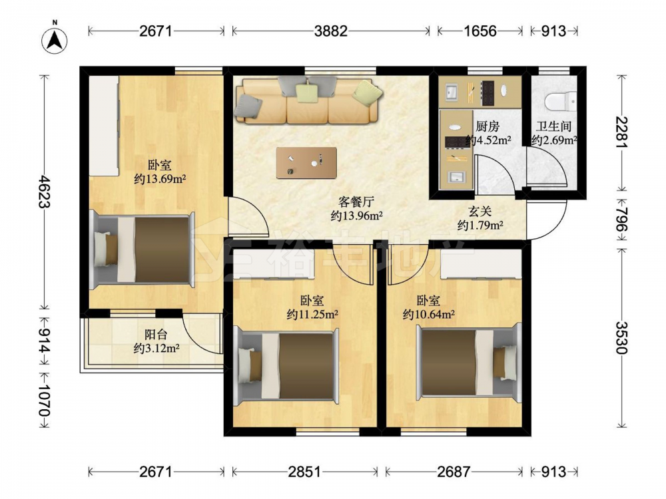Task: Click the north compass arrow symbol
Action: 55,41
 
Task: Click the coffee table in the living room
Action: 306,163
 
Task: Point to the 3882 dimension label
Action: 331,31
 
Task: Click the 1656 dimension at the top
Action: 480,31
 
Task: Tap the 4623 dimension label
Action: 45,192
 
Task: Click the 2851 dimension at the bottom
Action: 304,472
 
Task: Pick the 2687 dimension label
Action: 454,472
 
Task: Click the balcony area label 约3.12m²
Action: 157,349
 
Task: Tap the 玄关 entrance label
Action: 480,212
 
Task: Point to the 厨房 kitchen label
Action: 488,126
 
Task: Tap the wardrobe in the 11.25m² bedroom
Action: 274,264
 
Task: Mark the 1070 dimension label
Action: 45,401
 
